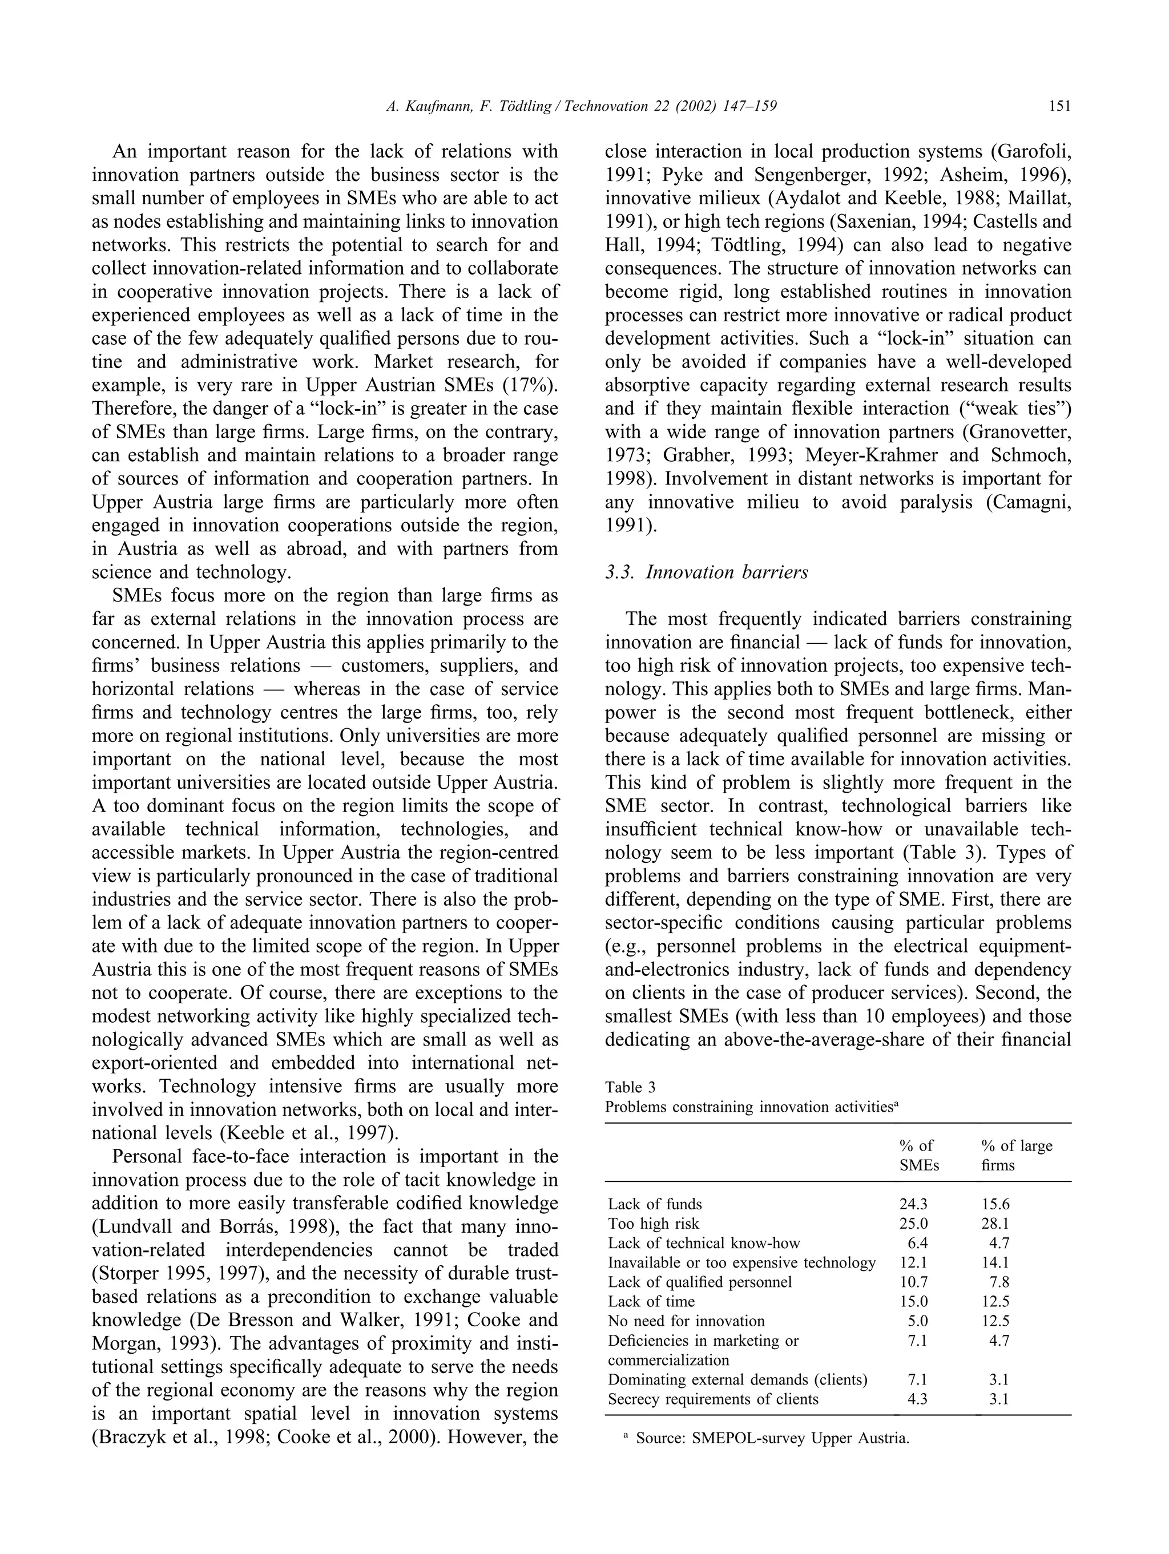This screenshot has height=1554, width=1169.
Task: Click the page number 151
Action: (1059, 106)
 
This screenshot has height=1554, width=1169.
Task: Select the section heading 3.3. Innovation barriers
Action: (706, 572)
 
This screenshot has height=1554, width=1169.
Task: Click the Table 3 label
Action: (630, 1088)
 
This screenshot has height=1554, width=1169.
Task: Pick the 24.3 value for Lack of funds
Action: (913, 1204)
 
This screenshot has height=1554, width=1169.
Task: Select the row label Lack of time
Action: (651, 1302)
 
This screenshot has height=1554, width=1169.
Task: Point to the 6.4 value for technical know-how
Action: (918, 1244)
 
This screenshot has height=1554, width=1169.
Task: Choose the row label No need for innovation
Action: (686, 1322)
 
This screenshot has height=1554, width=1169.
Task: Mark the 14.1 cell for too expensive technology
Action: (995, 1262)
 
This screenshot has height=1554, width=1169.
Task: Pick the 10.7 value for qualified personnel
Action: (913, 1282)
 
